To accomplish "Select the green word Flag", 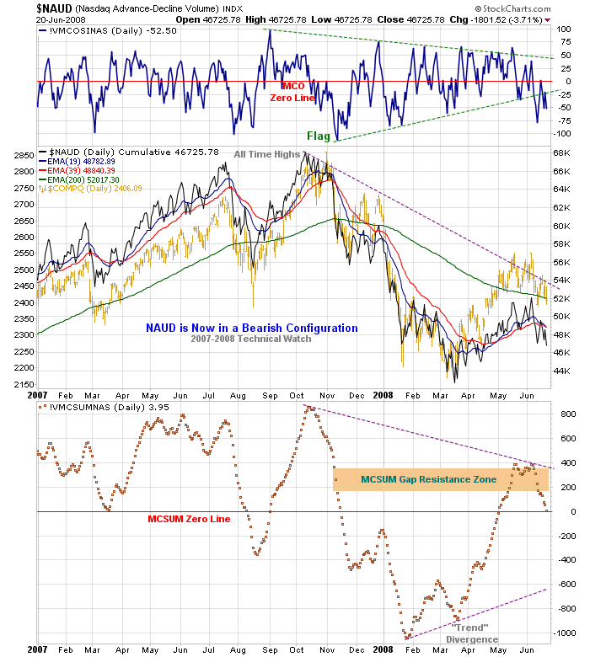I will click(319, 136).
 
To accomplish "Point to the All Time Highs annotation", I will click(267, 154).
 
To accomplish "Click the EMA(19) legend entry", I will click(81, 161).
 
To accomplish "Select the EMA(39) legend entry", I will click(81, 170).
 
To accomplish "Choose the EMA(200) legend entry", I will click(81, 179).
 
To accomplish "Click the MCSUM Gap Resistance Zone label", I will click(428, 479).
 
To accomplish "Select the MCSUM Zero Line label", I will click(188, 519).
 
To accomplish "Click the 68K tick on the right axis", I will click(561, 152).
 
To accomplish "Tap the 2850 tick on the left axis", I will click(23, 156).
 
